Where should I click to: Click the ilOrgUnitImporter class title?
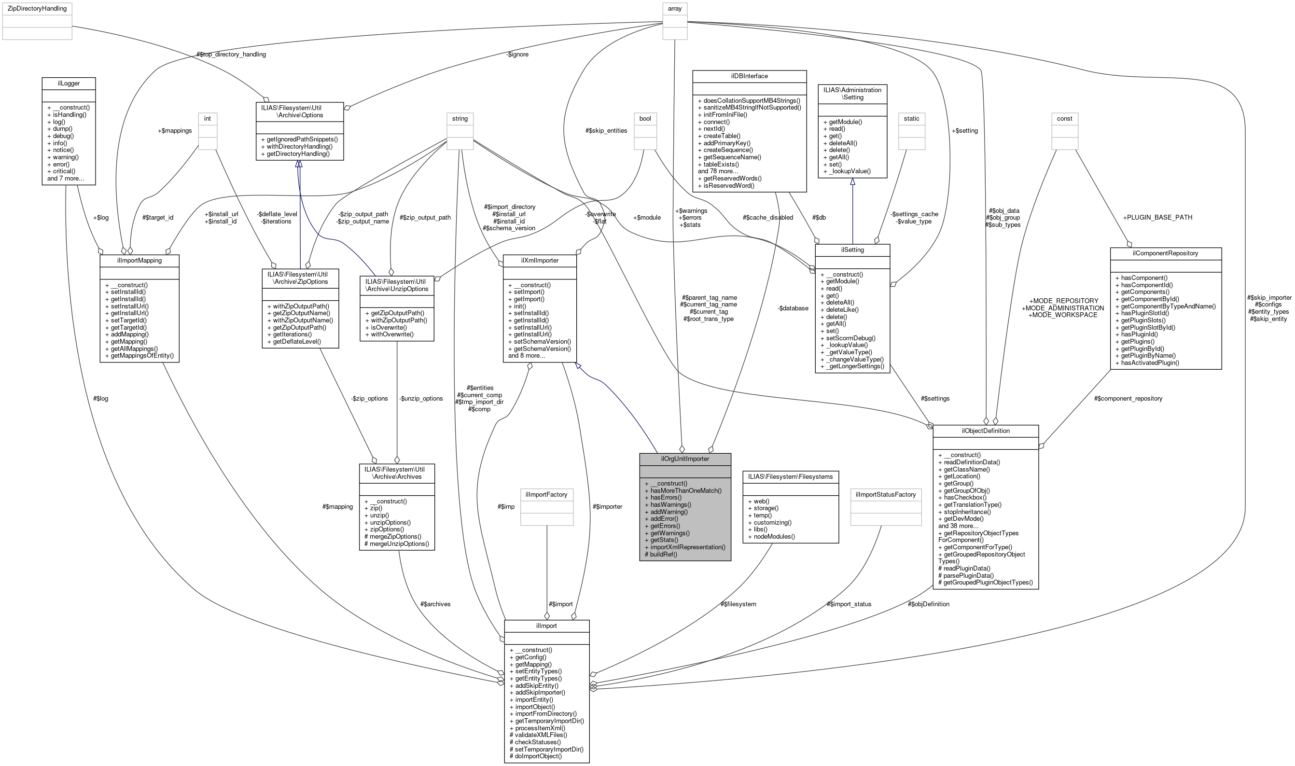(x=684, y=459)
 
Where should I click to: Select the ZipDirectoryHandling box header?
(x=37, y=8)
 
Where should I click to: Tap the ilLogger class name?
(x=69, y=83)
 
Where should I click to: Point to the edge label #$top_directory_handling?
(x=231, y=54)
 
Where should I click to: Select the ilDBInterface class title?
(x=749, y=76)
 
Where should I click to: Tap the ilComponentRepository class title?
(x=1166, y=253)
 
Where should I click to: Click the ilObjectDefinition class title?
(x=985, y=431)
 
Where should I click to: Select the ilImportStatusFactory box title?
(x=886, y=494)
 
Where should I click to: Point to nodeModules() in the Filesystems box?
(x=774, y=536)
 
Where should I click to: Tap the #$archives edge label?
(x=435, y=604)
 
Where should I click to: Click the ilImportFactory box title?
(x=546, y=494)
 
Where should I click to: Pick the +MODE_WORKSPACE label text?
(x=1063, y=315)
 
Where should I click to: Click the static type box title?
(x=911, y=118)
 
